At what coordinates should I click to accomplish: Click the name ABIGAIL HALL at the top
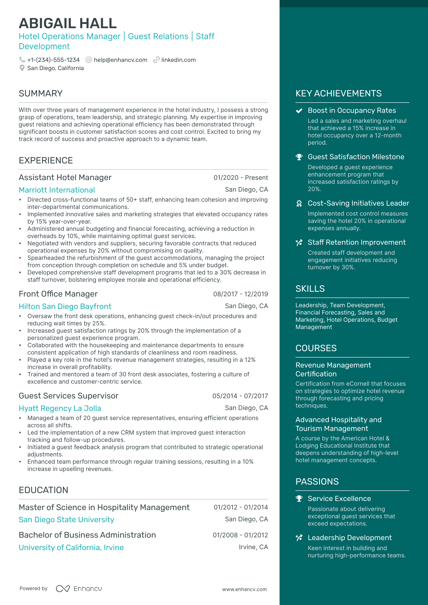68,23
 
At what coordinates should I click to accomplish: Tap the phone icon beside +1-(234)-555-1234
22,60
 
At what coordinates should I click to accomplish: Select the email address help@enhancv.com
120,60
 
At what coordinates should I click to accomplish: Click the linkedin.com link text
178,60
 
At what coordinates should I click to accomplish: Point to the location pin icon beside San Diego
22,68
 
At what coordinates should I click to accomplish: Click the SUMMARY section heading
41,93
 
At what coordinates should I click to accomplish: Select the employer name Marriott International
57,190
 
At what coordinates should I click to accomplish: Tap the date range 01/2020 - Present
240,178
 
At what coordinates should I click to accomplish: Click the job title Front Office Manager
58,294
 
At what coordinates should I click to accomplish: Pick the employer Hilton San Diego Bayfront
65,306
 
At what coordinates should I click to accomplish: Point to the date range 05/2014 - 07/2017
240,396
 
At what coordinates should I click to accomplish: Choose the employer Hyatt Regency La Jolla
60,408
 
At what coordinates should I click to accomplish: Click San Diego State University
66,519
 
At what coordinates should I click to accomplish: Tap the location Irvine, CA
253,547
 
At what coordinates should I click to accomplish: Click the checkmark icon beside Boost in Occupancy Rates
299,111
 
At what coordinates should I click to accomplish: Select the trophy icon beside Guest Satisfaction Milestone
299,157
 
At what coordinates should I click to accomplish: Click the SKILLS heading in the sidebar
310,289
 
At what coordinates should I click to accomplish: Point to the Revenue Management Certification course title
333,369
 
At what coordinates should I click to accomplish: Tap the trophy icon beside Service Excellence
299,499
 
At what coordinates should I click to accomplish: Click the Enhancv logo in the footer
79,589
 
